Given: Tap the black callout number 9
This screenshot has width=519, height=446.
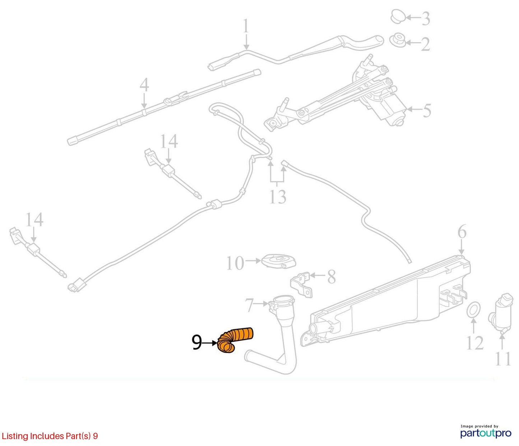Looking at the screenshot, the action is click(196, 342).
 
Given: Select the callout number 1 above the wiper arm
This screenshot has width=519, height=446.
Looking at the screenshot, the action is click(246, 26).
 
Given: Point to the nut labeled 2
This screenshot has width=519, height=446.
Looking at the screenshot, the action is click(398, 40).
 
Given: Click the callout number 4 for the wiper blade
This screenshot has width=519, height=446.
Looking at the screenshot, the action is click(144, 85).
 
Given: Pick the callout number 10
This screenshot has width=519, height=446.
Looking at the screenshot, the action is click(235, 263).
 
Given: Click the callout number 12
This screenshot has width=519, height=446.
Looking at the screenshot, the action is click(475, 343).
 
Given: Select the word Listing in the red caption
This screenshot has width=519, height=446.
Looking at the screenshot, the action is click(15, 436).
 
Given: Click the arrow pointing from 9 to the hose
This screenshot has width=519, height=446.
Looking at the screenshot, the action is click(210, 343).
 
